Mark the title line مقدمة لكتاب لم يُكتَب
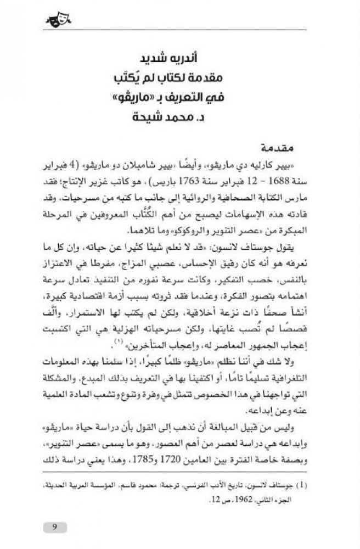[180, 80]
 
